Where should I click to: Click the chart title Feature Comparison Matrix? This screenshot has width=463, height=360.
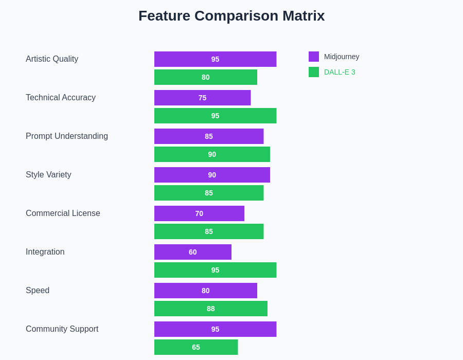[232, 16]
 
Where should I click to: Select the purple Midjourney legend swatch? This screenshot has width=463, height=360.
[314, 57]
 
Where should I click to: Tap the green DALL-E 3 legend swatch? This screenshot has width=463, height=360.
[314, 72]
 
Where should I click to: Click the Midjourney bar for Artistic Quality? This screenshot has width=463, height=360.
[215, 59]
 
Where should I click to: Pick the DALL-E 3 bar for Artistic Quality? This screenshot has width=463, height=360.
[206, 77]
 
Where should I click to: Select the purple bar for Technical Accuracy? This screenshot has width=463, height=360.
[202, 98]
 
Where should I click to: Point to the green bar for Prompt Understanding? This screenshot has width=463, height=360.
[212, 154]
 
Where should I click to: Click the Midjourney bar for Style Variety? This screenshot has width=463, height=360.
[212, 175]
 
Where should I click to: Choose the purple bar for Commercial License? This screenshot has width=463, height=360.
[199, 213]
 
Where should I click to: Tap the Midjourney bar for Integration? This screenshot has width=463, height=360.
[193, 252]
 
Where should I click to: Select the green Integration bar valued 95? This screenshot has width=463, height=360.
[215, 270]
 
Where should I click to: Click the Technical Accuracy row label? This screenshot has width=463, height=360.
[61, 98]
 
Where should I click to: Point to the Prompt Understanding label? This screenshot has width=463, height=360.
[67, 136]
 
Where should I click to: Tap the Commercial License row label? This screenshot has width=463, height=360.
[63, 213]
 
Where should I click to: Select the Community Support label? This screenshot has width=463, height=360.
[62, 329]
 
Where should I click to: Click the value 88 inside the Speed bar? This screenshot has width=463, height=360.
[211, 309]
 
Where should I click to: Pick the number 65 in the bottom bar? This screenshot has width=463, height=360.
[196, 347]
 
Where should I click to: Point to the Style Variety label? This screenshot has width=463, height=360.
[48, 175]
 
